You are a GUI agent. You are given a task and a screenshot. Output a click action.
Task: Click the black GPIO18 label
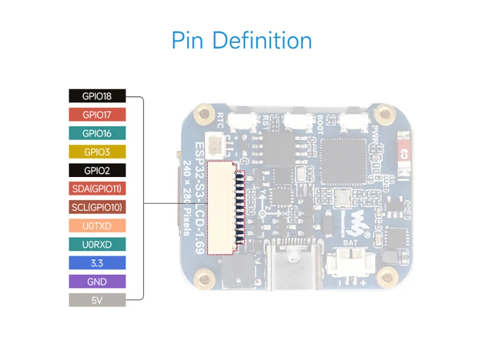tap(97, 95)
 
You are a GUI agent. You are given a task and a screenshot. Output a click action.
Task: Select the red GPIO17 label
tap(97, 114)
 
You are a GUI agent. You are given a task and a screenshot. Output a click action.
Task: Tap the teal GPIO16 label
tap(97, 133)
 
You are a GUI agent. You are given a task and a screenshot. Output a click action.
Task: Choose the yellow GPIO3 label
tap(97, 152)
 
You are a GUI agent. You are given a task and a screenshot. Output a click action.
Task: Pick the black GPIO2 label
tap(97, 170)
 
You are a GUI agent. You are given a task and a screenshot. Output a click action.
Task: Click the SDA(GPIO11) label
tap(97, 188)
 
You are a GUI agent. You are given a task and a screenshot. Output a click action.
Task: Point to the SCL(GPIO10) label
tap(97, 207)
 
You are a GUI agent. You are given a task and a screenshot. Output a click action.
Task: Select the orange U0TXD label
tap(97, 226)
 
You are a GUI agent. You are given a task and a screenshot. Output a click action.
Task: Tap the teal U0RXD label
tap(97, 244)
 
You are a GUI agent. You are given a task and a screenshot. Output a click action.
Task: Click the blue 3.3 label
tap(97, 263)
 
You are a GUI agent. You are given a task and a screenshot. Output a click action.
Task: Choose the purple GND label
tap(97, 281)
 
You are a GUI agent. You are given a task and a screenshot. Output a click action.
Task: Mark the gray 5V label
tap(97, 300)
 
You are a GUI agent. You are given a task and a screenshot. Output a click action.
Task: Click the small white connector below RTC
tap(216, 145)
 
